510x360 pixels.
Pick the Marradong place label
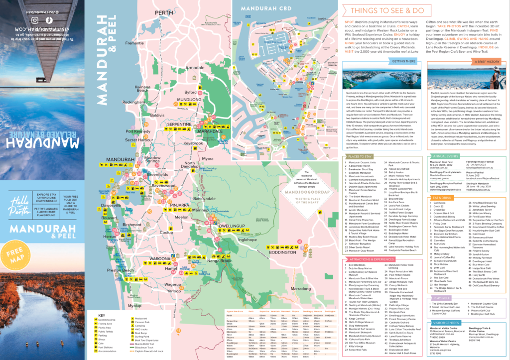(301, 288)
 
